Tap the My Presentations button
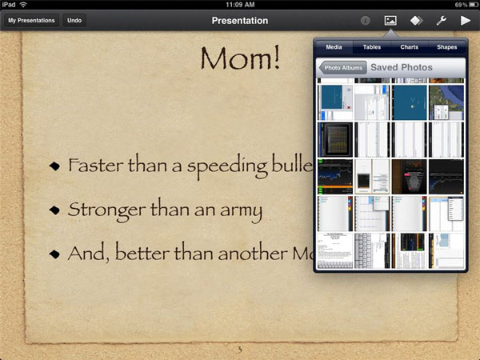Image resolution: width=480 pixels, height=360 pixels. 32,20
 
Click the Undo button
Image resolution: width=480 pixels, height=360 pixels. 74,20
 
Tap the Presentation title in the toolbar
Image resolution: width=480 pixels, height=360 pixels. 240,20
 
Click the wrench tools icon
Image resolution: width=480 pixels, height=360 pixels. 441,20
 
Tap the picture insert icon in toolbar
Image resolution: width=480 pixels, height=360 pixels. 390,20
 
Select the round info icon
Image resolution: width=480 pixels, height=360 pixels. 366,20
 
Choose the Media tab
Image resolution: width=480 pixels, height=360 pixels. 334,47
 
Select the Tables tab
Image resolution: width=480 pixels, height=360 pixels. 371,47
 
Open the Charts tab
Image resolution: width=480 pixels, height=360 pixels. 409,47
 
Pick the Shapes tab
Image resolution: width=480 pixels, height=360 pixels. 446,47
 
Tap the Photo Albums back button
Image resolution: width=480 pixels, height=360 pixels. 342,68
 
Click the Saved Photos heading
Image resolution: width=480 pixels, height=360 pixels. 401,68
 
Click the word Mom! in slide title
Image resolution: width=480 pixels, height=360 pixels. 241,59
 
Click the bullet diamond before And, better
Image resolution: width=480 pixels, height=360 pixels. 54,254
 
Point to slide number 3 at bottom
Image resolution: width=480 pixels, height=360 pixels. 239,350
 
